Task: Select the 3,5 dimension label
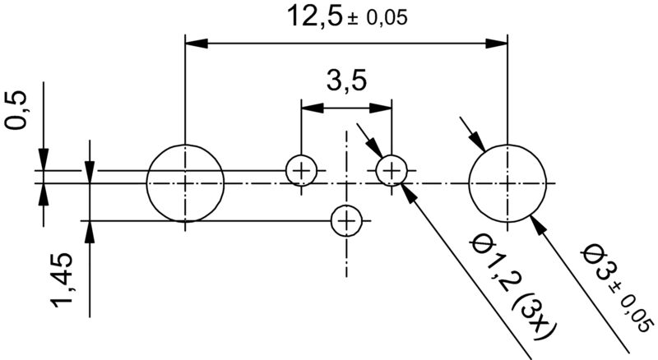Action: [345, 82]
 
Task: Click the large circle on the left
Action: [186, 182]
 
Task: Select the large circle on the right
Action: [508, 182]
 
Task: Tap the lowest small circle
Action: [346, 220]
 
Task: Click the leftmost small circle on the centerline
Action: [301, 172]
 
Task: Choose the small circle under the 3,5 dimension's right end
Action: [392, 172]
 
